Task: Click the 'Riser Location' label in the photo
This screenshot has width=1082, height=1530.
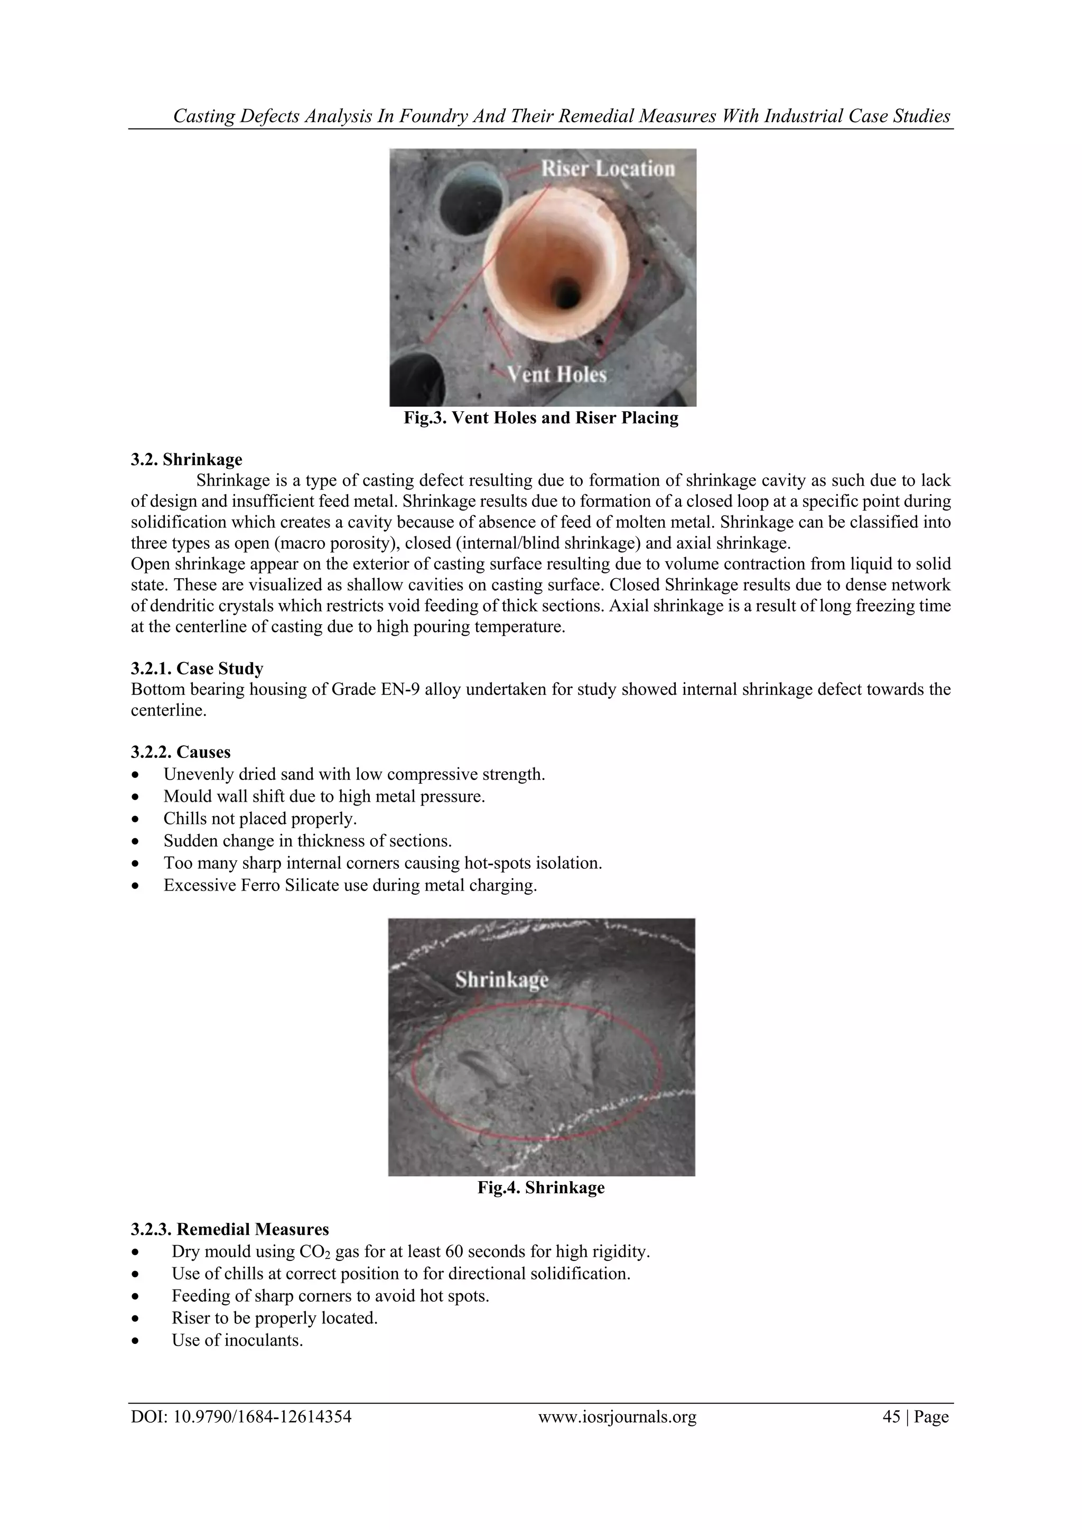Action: click(607, 169)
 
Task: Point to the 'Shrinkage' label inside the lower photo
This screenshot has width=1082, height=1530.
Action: click(502, 980)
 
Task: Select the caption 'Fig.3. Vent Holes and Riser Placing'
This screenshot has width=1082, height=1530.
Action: click(541, 418)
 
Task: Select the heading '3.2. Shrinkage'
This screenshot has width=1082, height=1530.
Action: click(186, 459)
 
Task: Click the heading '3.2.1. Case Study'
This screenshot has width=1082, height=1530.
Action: click(197, 669)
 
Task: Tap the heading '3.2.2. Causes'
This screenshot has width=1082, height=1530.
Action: click(181, 752)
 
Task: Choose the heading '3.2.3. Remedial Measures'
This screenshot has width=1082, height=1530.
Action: click(230, 1229)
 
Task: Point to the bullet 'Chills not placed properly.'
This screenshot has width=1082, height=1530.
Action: click(260, 818)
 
